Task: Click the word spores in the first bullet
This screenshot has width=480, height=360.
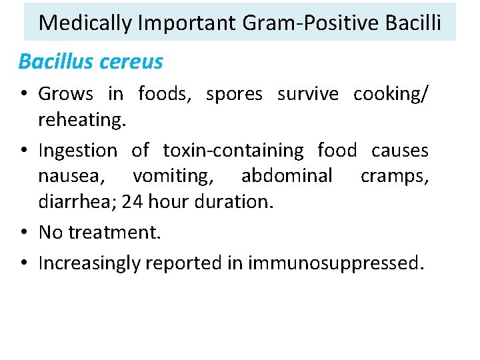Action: click(x=235, y=94)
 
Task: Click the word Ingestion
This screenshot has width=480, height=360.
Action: click(x=77, y=151)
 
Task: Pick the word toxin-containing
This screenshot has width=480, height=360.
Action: click(x=233, y=151)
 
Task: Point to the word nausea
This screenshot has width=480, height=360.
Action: click(x=71, y=176)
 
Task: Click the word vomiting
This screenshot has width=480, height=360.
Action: click(x=173, y=176)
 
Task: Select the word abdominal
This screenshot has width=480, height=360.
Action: click(x=287, y=176)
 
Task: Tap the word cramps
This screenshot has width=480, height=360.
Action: click(x=394, y=176)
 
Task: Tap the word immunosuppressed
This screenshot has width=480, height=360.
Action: click(x=335, y=263)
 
